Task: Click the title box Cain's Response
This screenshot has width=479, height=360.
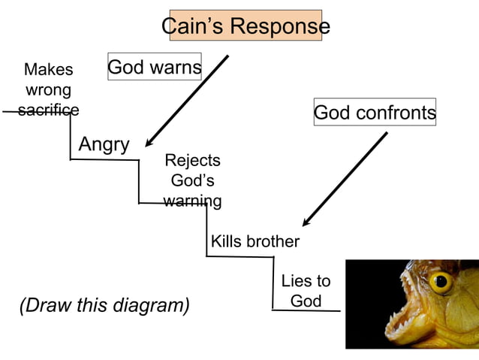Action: (x=246, y=26)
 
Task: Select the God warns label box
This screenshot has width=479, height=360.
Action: (x=155, y=68)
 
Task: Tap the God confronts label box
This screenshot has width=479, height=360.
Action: (x=374, y=113)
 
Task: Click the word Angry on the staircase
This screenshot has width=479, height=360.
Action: (x=104, y=144)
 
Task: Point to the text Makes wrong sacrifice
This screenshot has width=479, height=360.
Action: (x=49, y=90)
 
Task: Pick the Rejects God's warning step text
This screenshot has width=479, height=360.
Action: (x=192, y=180)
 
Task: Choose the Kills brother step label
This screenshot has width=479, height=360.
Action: (x=255, y=241)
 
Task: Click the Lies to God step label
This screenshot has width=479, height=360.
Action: (x=306, y=291)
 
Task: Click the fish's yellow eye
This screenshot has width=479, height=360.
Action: (x=441, y=283)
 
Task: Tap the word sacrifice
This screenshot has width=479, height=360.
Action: (x=49, y=110)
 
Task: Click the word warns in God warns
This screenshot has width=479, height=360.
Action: (x=176, y=68)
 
